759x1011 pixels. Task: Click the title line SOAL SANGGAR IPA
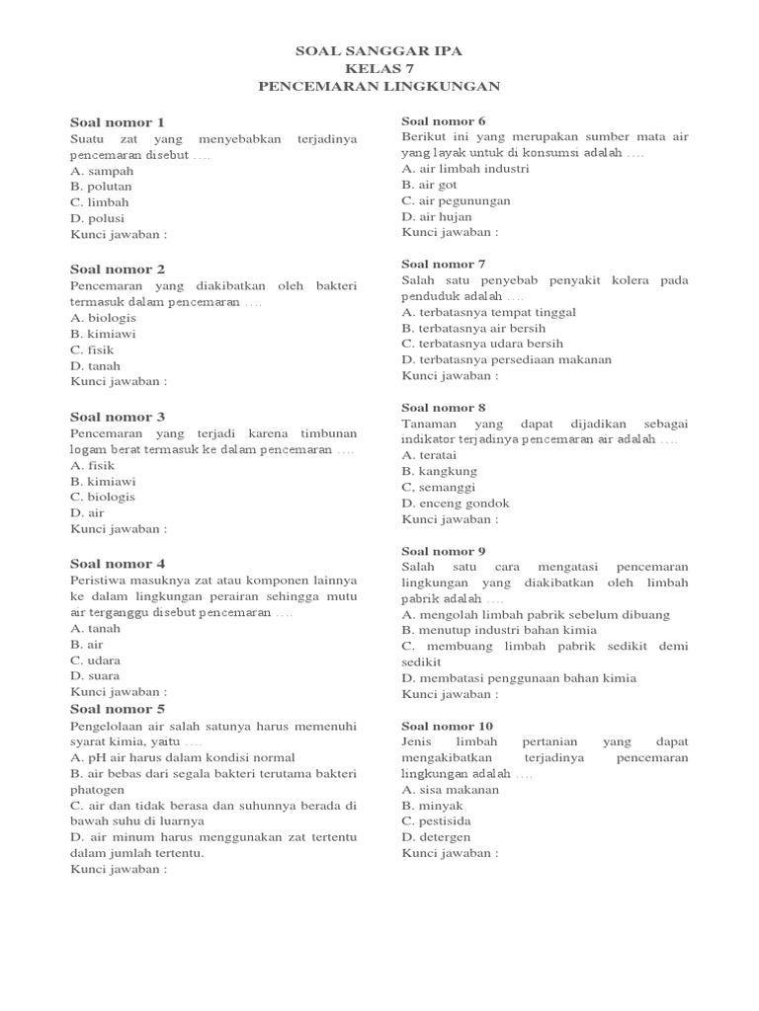tap(379, 50)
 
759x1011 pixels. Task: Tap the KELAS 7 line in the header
tap(379, 68)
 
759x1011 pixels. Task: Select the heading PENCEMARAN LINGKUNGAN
tap(379, 86)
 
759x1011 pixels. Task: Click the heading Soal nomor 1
tap(117, 122)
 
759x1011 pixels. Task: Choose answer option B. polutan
tap(101, 186)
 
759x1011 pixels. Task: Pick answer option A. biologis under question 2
tap(103, 318)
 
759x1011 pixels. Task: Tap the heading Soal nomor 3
tap(117, 417)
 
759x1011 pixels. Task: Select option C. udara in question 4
tap(96, 660)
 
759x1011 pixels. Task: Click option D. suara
tap(95, 675)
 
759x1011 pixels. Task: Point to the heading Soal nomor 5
tap(117, 709)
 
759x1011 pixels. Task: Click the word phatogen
tap(98, 790)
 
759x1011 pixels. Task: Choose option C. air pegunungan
tap(456, 200)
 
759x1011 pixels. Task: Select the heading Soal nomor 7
tap(443, 264)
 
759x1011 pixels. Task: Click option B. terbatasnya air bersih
tap(473, 328)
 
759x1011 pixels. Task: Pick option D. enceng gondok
tap(456, 503)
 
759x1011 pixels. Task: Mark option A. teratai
tap(430, 455)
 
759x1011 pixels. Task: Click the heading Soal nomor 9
tap(443, 551)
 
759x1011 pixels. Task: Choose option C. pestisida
tap(436, 820)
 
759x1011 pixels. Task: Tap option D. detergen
tap(436, 836)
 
